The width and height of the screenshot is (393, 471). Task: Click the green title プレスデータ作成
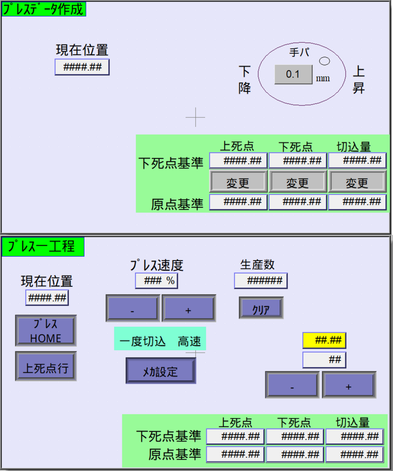[x=43, y=9]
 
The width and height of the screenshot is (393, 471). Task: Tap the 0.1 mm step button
[x=293, y=74]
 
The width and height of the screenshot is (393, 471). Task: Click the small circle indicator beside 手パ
[x=324, y=61]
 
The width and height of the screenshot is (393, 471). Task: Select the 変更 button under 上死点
[x=238, y=182]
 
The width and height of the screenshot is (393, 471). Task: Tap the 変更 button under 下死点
[x=297, y=182]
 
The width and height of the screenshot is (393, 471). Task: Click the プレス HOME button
[x=46, y=330]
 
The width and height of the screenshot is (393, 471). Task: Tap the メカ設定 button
[x=160, y=371]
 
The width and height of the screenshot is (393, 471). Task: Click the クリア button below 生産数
[x=261, y=308]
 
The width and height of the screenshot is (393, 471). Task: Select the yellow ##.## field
[x=324, y=340]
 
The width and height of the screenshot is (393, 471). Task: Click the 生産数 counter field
[x=261, y=281]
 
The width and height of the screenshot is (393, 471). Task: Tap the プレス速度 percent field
[x=156, y=281]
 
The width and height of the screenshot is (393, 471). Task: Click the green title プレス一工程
[x=43, y=247]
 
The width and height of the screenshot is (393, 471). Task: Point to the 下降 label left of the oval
[x=244, y=79]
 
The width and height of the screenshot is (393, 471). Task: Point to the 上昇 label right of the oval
[x=358, y=79]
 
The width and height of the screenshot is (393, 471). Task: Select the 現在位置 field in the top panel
[x=82, y=67]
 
